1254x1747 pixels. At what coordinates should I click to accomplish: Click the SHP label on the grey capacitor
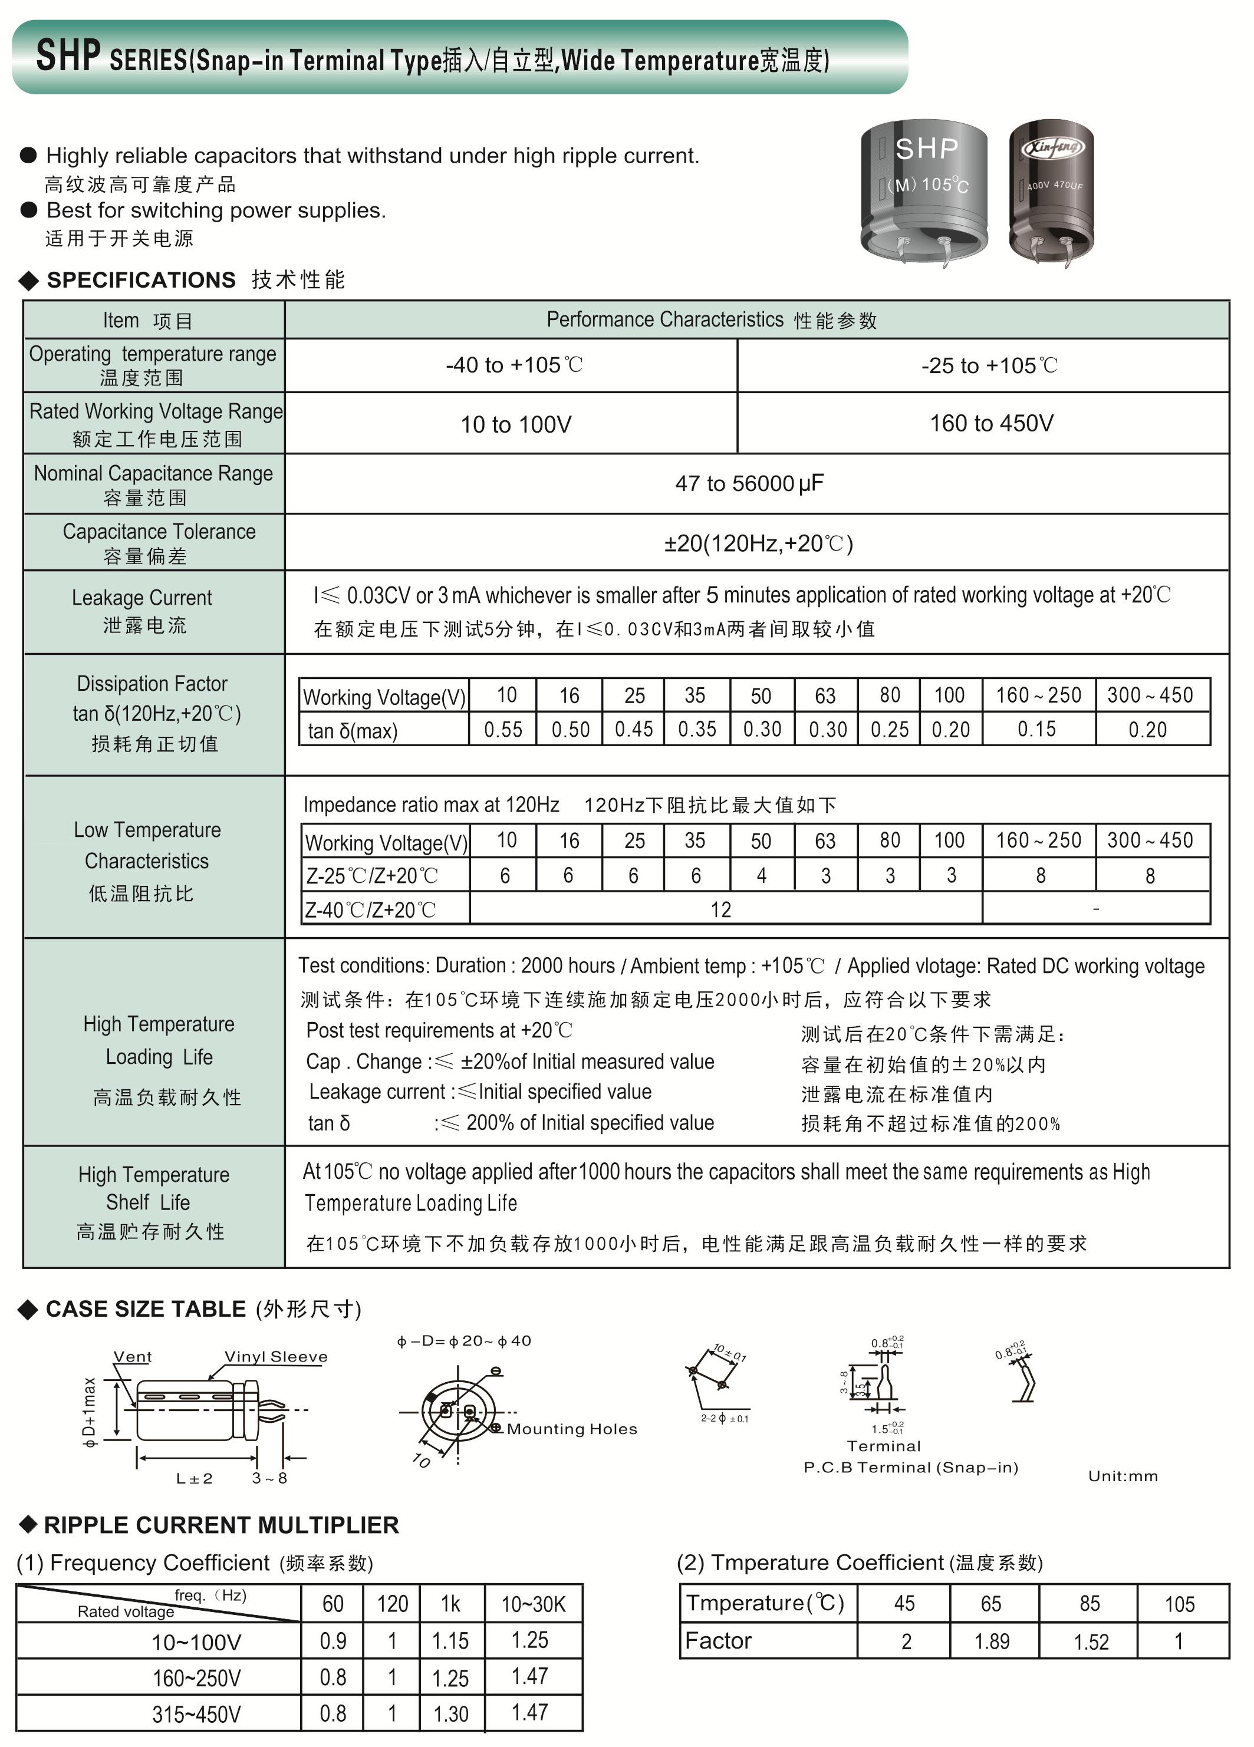pyautogui.click(x=927, y=149)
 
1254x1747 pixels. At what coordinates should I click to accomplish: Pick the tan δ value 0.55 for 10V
pyautogui.click(x=503, y=730)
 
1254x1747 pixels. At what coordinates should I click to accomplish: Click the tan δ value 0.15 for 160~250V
pyautogui.click(x=1037, y=730)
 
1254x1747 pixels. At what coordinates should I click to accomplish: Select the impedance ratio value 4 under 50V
pyautogui.click(x=761, y=876)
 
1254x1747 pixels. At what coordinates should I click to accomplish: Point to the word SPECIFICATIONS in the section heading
pyautogui.click(x=141, y=281)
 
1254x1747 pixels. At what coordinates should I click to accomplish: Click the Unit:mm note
pyautogui.click(x=1123, y=1476)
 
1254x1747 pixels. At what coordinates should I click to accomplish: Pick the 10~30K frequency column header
pyautogui.click(x=533, y=1604)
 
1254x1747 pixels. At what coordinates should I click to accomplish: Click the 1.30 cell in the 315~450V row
pyautogui.click(x=450, y=1714)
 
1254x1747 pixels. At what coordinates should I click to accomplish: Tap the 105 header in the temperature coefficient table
pyautogui.click(x=1179, y=1604)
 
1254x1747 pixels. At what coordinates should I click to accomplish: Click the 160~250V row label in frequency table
pyautogui.click(x=196, y=1677)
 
